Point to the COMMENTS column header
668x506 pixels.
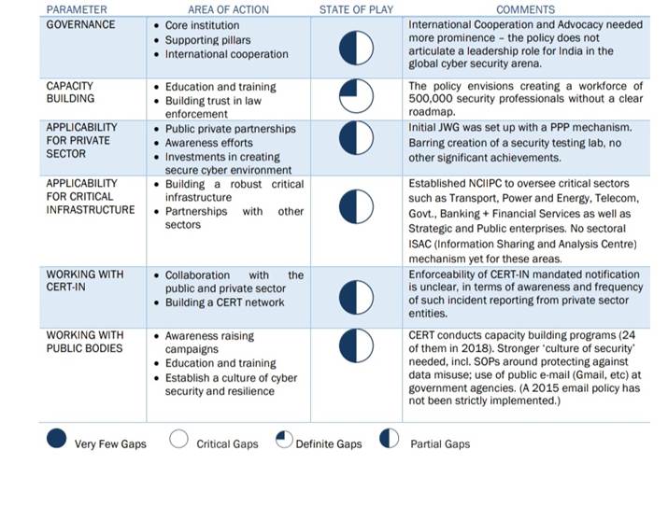coord(526,9)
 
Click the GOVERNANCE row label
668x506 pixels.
coord(81,24)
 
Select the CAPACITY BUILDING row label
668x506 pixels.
coord(70,92)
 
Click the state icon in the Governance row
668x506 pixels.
coord(356,49)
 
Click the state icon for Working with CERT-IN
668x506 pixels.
coord(356,297)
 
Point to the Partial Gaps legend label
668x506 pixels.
coord(440,444)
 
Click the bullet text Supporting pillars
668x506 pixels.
coord(207,40)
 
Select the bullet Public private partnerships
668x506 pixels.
coord(230,129)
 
